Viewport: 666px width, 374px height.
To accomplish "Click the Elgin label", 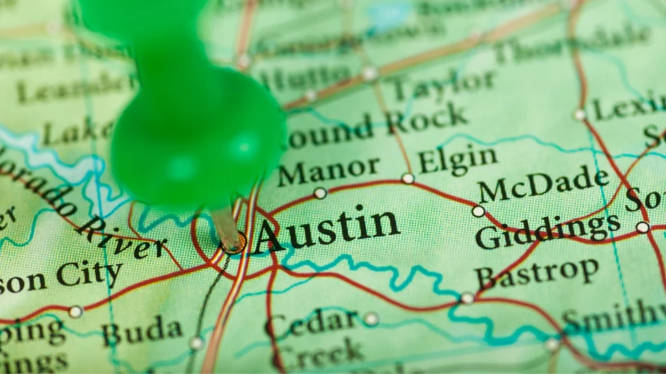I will click(457, 158).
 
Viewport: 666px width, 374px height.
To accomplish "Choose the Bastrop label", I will click(537, 272).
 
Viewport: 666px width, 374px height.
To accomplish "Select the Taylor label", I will click(443, 85).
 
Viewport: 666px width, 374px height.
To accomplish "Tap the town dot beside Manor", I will click(320, 193).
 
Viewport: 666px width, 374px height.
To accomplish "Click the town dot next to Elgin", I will click(408, 178).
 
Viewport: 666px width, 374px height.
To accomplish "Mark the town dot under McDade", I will click(478, 211).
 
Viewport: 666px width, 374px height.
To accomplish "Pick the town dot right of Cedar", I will click(371, 319).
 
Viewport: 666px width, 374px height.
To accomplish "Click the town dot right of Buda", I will click(196, 342).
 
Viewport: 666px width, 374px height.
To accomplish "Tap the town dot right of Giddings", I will click(643, 227).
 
